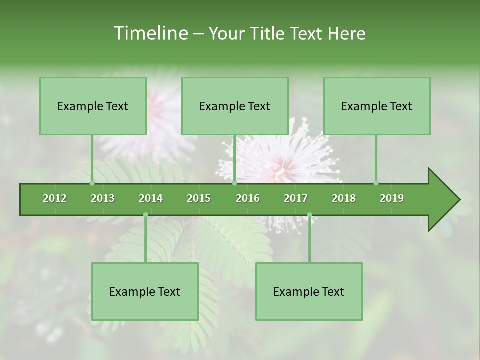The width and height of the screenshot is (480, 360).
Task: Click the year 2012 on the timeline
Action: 55,198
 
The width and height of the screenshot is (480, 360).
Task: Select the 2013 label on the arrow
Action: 103,198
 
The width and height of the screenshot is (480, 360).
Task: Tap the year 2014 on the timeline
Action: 151,198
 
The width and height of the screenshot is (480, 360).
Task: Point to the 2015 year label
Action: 199,198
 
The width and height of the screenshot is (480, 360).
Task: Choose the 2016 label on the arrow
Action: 248,198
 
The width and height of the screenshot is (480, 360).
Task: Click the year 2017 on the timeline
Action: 296,198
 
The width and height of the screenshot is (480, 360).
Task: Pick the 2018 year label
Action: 344,198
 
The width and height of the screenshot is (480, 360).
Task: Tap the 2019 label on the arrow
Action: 392,198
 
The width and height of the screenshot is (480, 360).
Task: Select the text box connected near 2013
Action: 93,106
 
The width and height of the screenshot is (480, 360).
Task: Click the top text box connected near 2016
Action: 235,106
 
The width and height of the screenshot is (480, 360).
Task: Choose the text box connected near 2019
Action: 377,106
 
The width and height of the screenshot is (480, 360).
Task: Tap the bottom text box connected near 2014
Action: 145,291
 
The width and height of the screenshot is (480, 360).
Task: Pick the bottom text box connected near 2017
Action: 309,291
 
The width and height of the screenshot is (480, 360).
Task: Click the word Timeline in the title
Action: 150,33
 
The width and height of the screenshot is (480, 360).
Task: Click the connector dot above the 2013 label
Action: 92,183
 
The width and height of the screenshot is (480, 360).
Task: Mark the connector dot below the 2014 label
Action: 145,215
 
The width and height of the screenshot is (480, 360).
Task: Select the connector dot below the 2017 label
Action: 309,215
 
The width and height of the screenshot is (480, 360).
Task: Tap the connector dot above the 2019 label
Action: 376,183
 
